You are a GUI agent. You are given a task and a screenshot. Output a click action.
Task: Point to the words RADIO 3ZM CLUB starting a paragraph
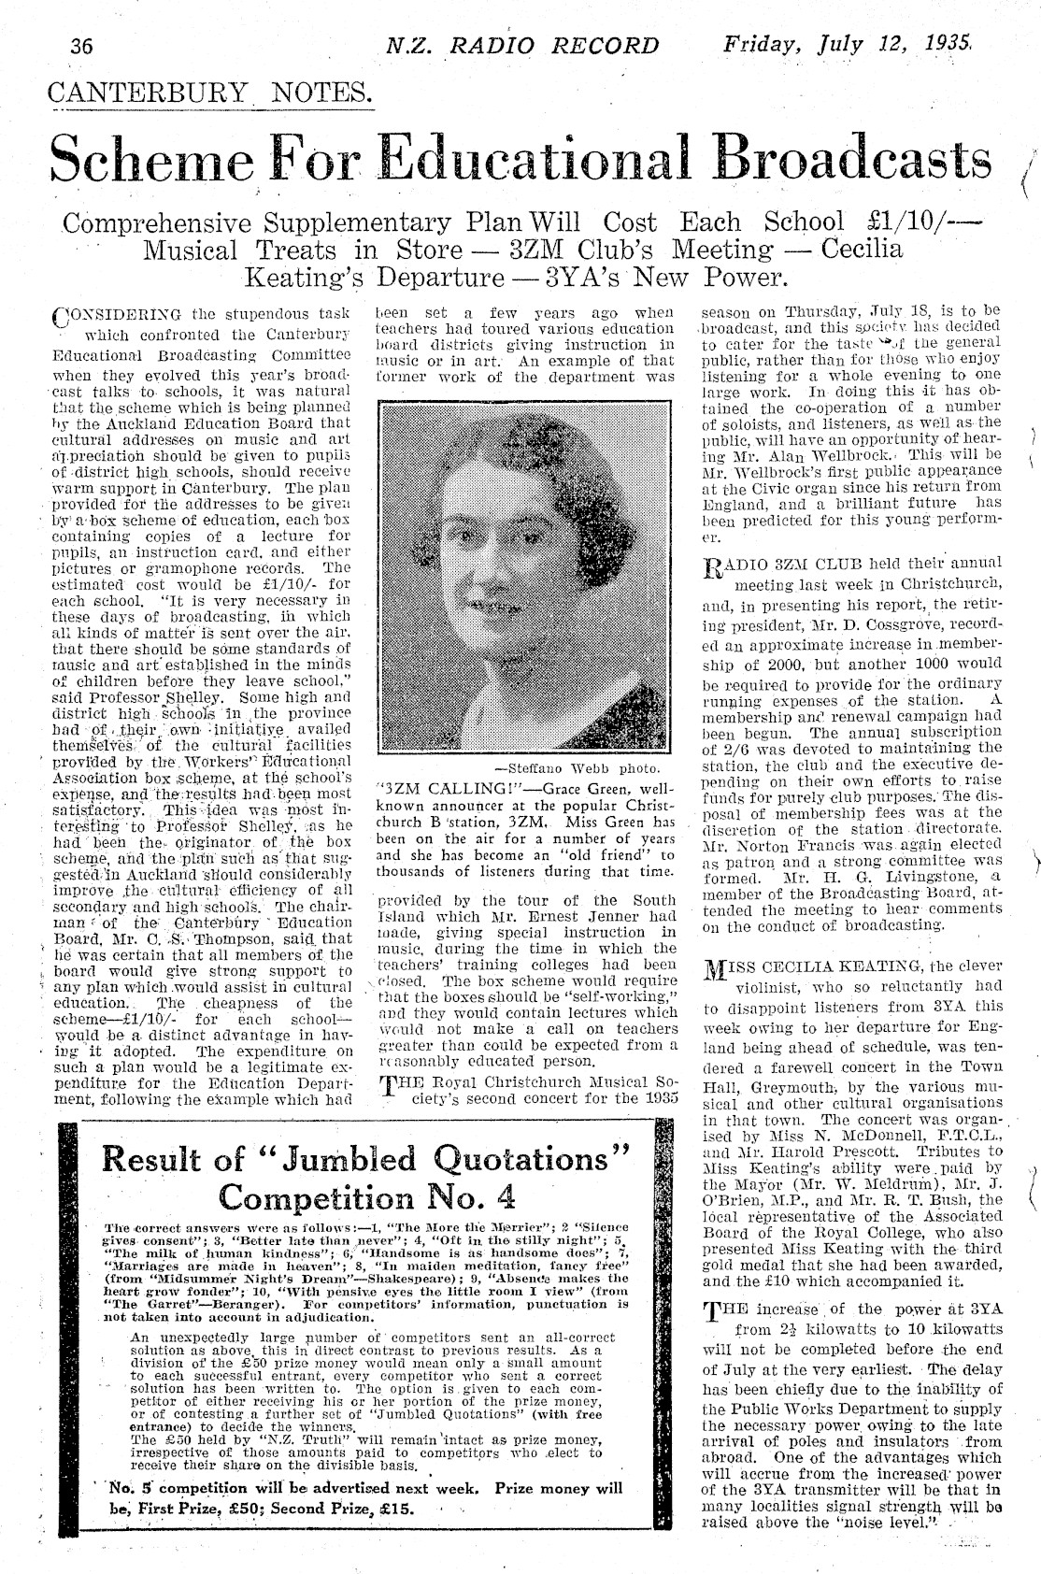[775, 564]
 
